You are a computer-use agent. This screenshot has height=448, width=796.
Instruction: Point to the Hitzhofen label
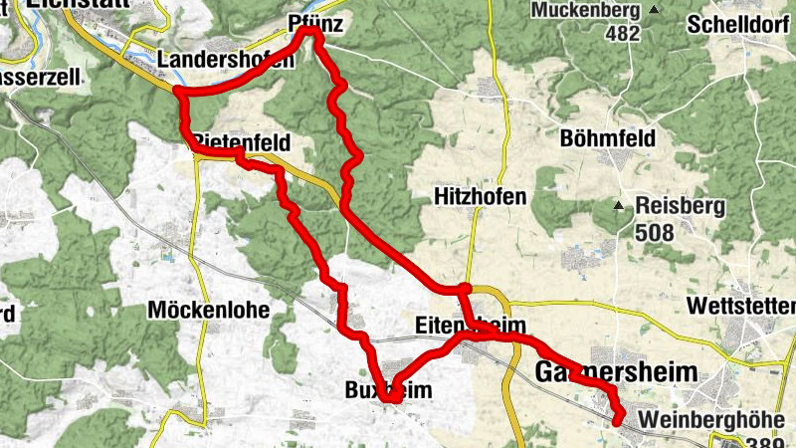pyautogui.click(x=480, y=197)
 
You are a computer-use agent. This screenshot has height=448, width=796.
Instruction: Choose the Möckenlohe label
pyautogui.click(x=208, y=310)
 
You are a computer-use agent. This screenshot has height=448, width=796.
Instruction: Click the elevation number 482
pyautogui.click(x=624, y=33)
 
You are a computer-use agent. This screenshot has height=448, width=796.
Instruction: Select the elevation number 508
pyautogui.click(x=654, y=233)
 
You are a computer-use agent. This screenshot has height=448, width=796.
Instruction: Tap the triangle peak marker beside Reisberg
pyautogui.click(x=618, y=207)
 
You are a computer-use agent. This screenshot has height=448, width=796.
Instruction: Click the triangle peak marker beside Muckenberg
pyautogui.click(x=654, y=10)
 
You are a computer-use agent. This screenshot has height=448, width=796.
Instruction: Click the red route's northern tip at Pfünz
pyautogui.click(x=312, y=33)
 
